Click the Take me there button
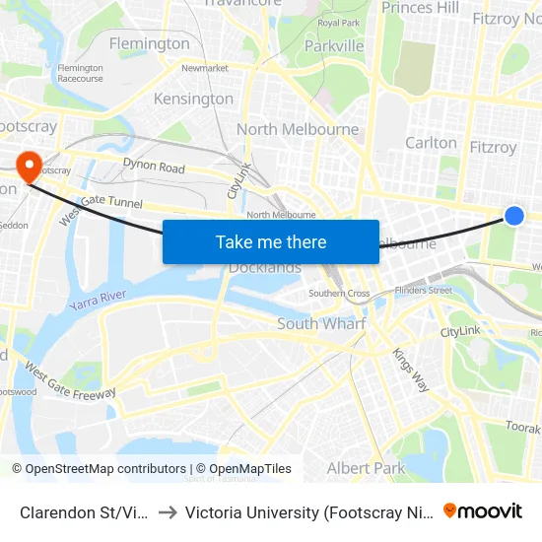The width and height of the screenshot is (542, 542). click(271, 242)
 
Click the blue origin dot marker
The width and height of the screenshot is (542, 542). click(513, 215)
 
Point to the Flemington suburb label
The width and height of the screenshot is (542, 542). click(150, 43)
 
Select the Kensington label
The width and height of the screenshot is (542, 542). click(194, 99)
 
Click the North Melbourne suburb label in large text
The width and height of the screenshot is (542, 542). click(298, 129)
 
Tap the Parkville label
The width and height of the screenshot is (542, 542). click(334, 45)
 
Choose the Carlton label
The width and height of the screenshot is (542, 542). click(432, 143)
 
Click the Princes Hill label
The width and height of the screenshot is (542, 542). click(421, 8)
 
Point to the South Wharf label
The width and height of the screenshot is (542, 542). click(321, 323)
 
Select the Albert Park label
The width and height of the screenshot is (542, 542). click(366, 468)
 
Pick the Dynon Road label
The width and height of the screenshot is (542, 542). click(154, 168)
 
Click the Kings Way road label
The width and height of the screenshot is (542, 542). click(411, 370)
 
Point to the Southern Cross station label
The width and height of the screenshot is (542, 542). click(339, 294)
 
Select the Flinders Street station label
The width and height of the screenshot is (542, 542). click(423, 290)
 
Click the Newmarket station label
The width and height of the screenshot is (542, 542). click(205, 68)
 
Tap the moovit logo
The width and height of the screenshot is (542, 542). click(483, 510)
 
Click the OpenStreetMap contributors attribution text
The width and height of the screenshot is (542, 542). click(100, 469)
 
